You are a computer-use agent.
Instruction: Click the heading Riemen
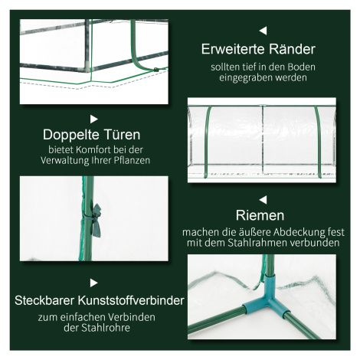point(260,215)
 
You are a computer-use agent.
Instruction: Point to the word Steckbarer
point(44,300)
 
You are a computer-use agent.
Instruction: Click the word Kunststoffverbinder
point(131,300)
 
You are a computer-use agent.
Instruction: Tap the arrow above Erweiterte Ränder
point(263,31)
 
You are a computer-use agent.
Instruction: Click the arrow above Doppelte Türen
point(94,119)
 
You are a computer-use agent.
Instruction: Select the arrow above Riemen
point(263,200)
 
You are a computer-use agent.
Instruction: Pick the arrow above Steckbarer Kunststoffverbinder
point(94,283)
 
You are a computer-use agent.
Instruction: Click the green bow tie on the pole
point(97,220)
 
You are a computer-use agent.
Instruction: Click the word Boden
point(302,67)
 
